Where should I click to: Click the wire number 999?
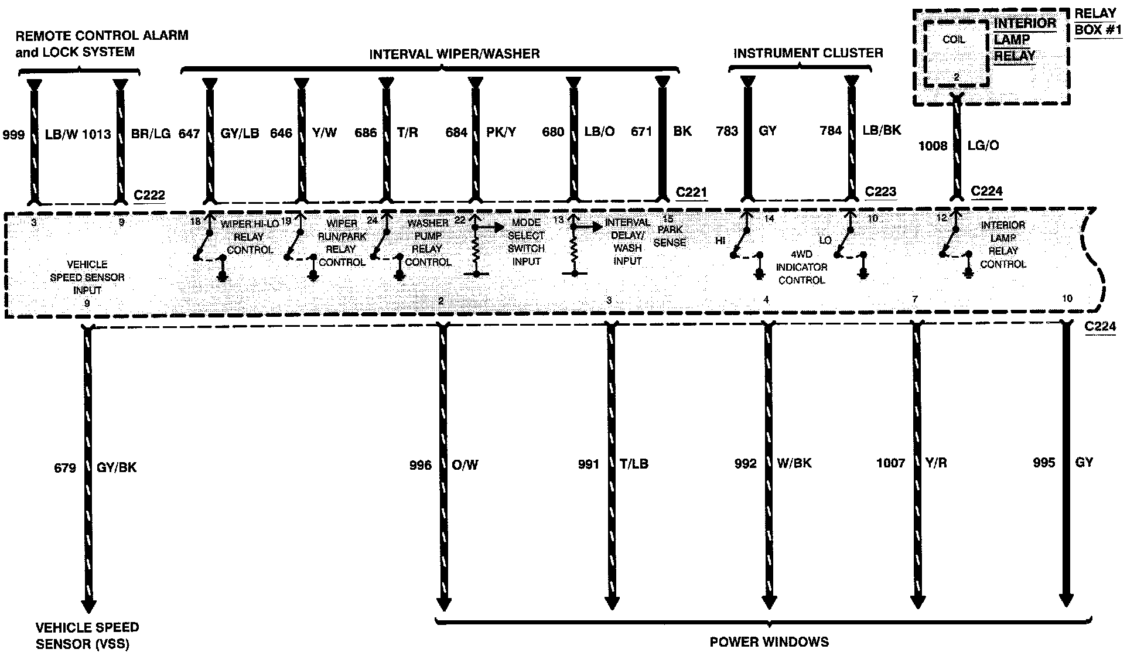[13, 135]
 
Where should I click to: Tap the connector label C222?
[149, 195]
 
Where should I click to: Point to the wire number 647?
[189, 134]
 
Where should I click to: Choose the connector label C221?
[691, 193]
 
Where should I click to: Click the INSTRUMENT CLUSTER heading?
[808, 53]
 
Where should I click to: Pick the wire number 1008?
[933, 146]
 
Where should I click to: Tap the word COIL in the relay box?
[954, 40]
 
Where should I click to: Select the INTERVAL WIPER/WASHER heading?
[454, 54]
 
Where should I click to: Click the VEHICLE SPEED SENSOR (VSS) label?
[87, 635]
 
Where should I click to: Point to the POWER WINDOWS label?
[769, 642]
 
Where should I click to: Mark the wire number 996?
[421, 465]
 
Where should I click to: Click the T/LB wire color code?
[634, 464]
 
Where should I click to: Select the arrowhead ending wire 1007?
[917, 602]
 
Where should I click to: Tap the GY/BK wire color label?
[116, 467]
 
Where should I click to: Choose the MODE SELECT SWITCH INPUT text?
[526, 242]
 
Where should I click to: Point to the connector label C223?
[880, 192]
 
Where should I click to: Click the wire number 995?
[1044, 463]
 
